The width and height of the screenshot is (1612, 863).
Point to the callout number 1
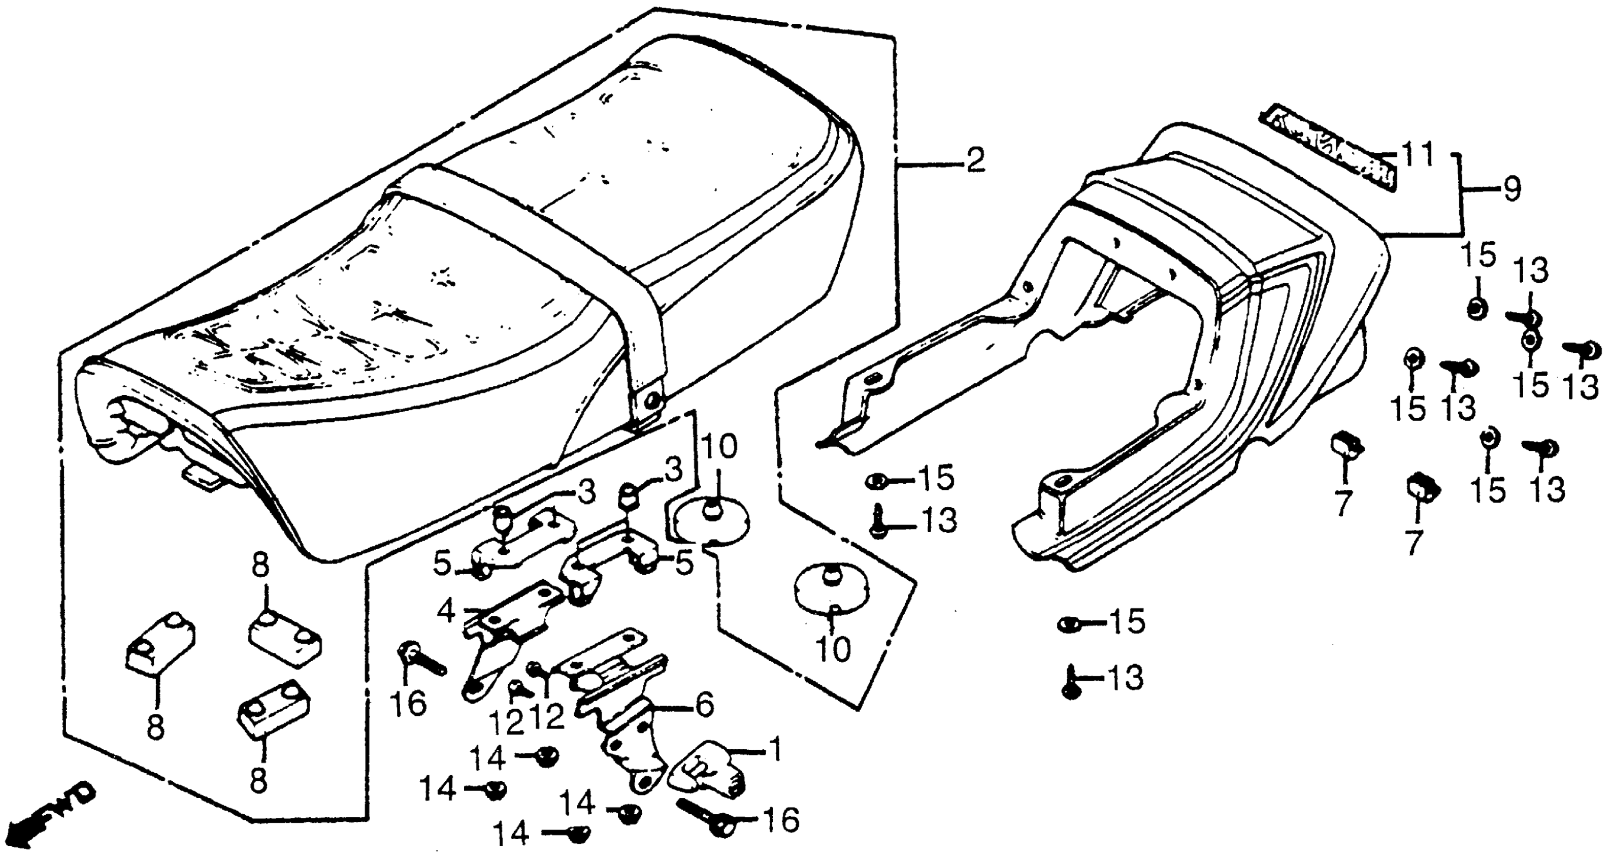point(774,749)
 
